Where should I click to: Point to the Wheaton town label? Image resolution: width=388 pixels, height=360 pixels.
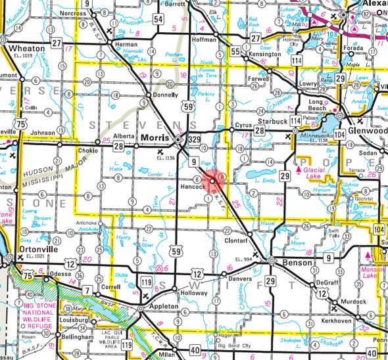22,48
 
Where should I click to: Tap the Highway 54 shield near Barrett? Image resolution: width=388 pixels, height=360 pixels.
158,20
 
